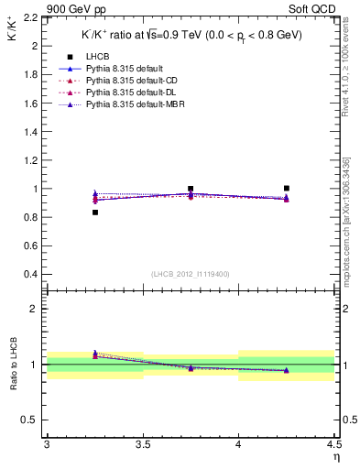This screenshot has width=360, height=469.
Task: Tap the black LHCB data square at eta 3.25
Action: coord(95,213)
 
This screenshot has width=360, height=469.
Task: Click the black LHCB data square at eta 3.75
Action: coord(191,189)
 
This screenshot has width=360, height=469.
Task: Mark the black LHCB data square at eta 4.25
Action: coord(287,188)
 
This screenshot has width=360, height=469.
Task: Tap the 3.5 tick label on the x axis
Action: coord(143,444)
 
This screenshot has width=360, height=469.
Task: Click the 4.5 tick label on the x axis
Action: coord(333,444)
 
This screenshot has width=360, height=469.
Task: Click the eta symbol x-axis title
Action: coord(336,456)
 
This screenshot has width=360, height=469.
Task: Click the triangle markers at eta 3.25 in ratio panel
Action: coord(95,354)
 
